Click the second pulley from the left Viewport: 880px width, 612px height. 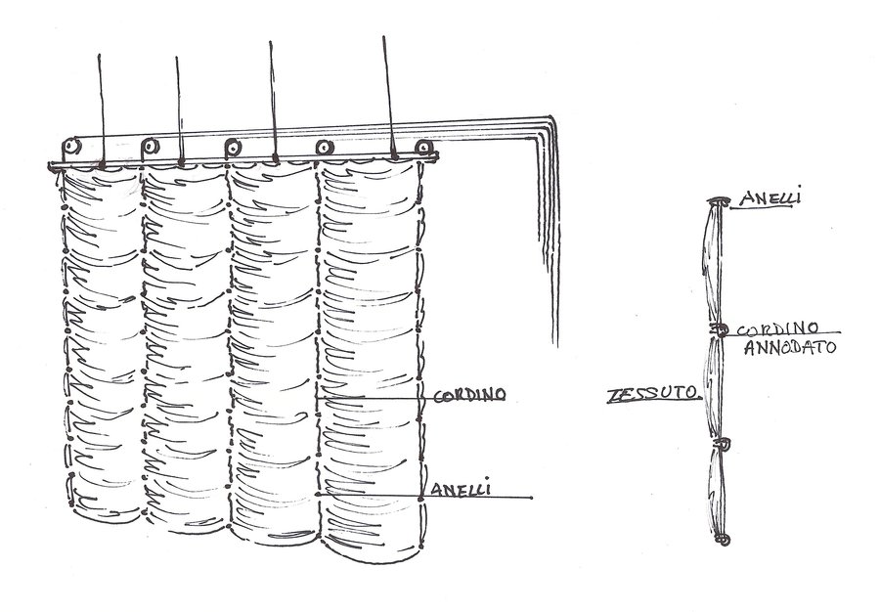tap(151, 147)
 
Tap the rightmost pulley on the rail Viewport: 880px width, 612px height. tap(423, 147)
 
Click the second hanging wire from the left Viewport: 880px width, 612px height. tap(179, 108)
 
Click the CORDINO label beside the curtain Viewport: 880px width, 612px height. tap(468, 396)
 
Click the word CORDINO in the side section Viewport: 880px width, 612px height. tap(778, 329)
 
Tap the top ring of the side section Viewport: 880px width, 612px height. tap(721, 202)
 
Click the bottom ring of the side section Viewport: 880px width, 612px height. tap(724, 539)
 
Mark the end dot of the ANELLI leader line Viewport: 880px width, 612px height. tap(531, 498)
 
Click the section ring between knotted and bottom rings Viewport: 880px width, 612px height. tap(725, 444)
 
